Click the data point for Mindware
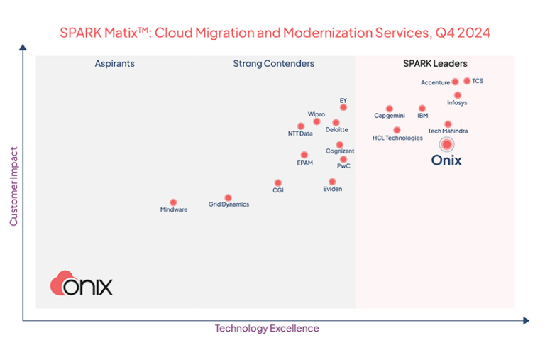(173, 202)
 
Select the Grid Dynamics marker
(228, 197)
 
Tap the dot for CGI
(278, 183)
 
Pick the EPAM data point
(304, 155)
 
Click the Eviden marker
(332, 182)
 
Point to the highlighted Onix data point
(446, 144)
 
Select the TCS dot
(467, 81)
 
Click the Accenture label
(435, 83)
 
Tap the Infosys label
(457, 103)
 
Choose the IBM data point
(422, 108)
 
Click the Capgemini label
(390, 116)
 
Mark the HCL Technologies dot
(397, 130)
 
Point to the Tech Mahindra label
(448, 131)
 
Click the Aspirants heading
(114, 64)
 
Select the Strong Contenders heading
(273, 64)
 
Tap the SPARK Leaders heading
(435, 64)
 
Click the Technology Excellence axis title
(267, 329)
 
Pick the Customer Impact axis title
(13, 186)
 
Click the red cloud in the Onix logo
(62, 283)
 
